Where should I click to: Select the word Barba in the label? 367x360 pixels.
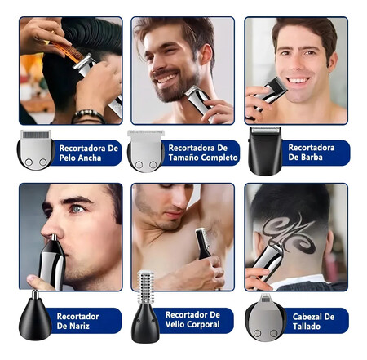pyautogui.click(x=312, y=158)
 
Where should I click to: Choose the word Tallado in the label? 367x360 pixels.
pyautogui.click(x=307, y=327)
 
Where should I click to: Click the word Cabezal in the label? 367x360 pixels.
pyautogui.click(x=307, y=317)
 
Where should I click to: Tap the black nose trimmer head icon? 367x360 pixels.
pyautogui.click(x=35, y=317)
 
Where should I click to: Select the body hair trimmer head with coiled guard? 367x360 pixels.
pyautogui.click(x=146, y=306)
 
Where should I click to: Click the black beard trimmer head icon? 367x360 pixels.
pyautogui.click(x=265, y=151)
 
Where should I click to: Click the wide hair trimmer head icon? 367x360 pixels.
pyautogui.click(x=35, y=149)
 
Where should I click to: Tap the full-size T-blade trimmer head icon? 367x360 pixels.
pyautogui.click(x=146, y=151)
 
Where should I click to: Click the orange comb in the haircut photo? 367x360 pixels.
pyautogui.click(x=68, y=51)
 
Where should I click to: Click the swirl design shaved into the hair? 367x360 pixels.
pyautogui.click(x=289, y=232)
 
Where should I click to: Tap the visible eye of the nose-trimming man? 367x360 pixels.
pyautogui.click(x=77, y=209)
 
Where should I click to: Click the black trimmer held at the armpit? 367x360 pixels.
pyautogui.click(x=203, y=244)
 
